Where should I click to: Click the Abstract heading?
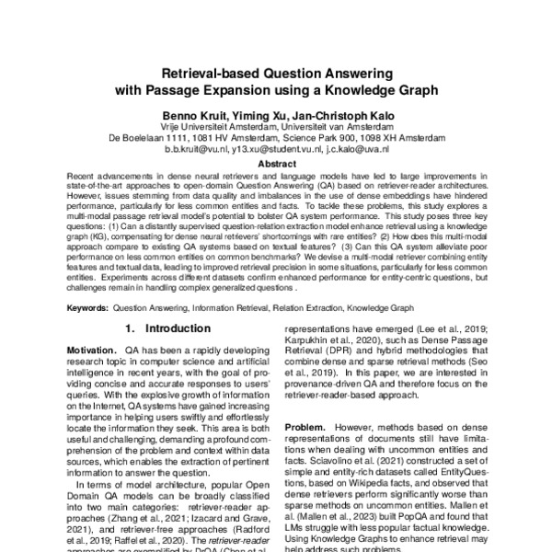276,163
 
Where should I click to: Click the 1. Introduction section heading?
164,327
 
